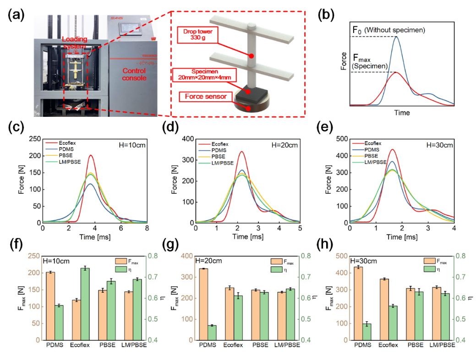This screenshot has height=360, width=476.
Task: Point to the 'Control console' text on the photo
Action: tap(134, 74)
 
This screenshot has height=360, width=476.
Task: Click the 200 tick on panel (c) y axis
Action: tap(34, 156)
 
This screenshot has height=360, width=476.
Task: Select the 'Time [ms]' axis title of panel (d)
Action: tap(248, 236)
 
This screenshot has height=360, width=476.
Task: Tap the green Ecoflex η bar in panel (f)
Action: tap(84, 304)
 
